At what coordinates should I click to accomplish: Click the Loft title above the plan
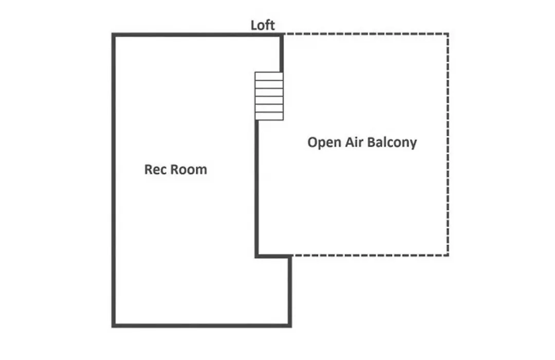pyautogui.click(x=263, y=25)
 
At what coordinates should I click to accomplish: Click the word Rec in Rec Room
pyautogui.click(x=154, y=169)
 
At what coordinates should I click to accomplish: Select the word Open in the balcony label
pyautogui.click(x=324, y=142)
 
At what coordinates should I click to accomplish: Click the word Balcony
pyautogui.click(x=392, y=142)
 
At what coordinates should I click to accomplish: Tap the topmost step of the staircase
pyautogui.click(x=269, y=76)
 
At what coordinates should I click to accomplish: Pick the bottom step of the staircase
pyautogui.click(x=269, y=116)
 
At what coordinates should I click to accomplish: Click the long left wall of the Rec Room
pyautogui.click(x=114, y=180)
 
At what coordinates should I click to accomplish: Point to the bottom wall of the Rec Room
pyautogui.click(x=202, y=325)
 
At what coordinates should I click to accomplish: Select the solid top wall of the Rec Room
pyautogui.click(x=197, y=35)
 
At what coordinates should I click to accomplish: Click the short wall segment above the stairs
pyautogui.click(x=282, y=53)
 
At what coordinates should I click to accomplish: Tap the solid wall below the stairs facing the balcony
pyautogui.click(x=257, y=188)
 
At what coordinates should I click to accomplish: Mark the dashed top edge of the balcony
pyautogui.click(x=366, y=34)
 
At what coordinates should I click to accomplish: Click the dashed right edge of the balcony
pyautogui.click(x=448, y=145)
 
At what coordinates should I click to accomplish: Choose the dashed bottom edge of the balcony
pyautogui.click(x=370, y=255)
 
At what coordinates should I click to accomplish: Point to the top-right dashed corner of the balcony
pyautogui.click(x=448, y=34)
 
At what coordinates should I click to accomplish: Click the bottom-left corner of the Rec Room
pyautogui.click(x=114, y=325)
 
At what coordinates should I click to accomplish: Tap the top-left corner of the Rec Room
pyautogui.click(x=114, y=35)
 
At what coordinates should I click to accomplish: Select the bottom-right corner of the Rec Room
pyautogui.click(x=290, y=325)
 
